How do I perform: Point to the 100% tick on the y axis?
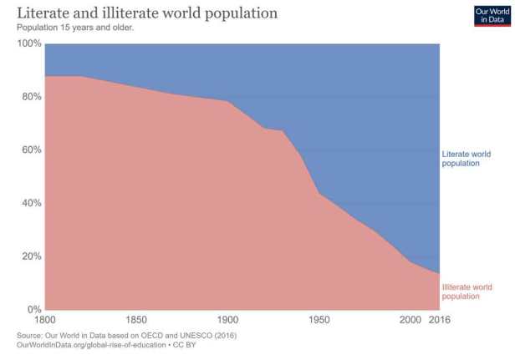tap(28, 43)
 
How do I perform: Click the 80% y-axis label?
tap(30, 97)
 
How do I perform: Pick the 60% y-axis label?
tap(30, 150)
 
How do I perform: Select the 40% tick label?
tap(30, 203)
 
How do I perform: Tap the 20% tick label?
tap(30, 256)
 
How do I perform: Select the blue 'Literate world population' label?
tap(466, 159)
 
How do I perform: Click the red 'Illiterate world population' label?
tap(466, 292)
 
